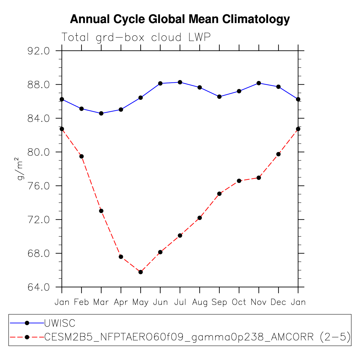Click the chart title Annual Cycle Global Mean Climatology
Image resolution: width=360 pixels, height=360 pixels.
point(180,19)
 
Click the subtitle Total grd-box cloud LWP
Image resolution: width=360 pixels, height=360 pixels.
point(136,37)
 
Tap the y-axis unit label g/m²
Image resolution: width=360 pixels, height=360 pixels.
point(20,169)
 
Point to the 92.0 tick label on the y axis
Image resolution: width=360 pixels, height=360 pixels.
point(38,51)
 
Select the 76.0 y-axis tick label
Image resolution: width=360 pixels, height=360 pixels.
point(38,186)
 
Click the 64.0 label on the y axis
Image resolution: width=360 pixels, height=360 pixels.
point(38,287)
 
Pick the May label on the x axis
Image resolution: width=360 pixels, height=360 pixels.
point(140,302)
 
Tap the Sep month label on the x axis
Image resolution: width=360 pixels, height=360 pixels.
point(219,302)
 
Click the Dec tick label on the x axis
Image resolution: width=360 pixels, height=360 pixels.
point(278,302)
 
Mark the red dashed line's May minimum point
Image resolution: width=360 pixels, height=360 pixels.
point(141,272)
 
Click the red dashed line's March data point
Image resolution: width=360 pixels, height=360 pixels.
point(101,211)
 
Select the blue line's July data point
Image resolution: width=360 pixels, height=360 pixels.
point(180,82)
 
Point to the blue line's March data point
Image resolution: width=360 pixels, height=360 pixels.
point(101,114)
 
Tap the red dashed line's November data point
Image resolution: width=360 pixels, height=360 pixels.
point(259,178)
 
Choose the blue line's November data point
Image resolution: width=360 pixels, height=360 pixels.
point(259,83)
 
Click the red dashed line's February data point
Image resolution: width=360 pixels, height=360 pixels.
point(82,156)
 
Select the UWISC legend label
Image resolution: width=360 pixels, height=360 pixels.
point(60,323)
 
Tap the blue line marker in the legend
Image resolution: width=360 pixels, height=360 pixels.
point(27,323)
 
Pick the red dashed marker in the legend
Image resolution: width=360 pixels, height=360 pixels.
point(27,337)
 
